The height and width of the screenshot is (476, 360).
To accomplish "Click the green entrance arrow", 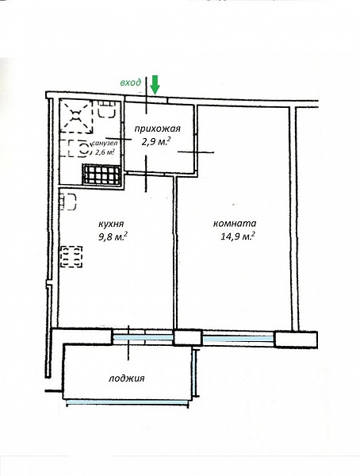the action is pos(155,85).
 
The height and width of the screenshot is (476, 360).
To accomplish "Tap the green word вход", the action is pos(131,83).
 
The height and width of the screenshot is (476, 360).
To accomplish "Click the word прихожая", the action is pos(157,129).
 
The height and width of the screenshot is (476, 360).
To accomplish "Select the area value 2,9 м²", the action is pos(156,141).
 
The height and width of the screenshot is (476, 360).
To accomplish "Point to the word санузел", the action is pos(105,143).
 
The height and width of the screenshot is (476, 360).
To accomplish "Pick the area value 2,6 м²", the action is pos(105,152).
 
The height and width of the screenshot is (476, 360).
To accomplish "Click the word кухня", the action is pos(111,224).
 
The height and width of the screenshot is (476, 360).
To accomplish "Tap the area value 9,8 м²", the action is pos(113,236).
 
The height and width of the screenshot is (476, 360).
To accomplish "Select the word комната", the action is pos(235,224).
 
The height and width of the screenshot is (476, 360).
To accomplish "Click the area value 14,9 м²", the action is pos(237,236).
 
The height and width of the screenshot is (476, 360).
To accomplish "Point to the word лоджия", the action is pos(127,378).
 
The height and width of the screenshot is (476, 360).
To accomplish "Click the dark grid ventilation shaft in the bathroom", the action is pos(101,174).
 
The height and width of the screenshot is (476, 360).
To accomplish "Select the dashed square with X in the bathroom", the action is pos(76,116).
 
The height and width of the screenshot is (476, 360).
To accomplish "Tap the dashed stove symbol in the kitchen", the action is pos(71,256).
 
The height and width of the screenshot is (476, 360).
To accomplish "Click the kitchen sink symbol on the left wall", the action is pos(67,202).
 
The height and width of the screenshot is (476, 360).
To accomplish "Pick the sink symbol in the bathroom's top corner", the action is pos(106,109).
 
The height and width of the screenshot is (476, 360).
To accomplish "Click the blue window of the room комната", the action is pos(238,339).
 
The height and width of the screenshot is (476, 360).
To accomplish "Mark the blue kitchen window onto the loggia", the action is pos(143,337).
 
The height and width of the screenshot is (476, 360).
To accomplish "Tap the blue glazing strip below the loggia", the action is pos(127,402).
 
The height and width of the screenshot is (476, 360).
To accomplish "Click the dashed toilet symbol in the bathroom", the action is pos(79,148).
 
